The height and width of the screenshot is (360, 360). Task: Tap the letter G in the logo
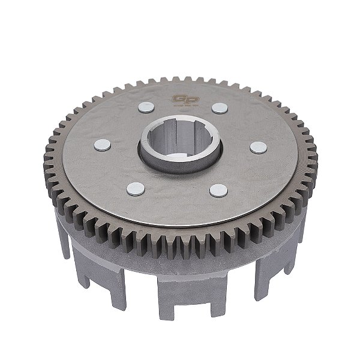click(177, 99)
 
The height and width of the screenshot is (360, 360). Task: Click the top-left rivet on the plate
click(146, 107)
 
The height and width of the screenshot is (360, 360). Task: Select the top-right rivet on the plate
click(220, 108)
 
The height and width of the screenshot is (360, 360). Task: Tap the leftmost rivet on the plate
click(102, 145)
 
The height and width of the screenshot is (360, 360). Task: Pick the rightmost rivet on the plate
click(258, 147)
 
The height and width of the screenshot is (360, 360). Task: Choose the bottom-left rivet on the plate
click(136, 188)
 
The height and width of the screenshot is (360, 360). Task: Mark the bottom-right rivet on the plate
click(218, 191)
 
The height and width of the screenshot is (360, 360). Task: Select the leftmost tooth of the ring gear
click(47, 157)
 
